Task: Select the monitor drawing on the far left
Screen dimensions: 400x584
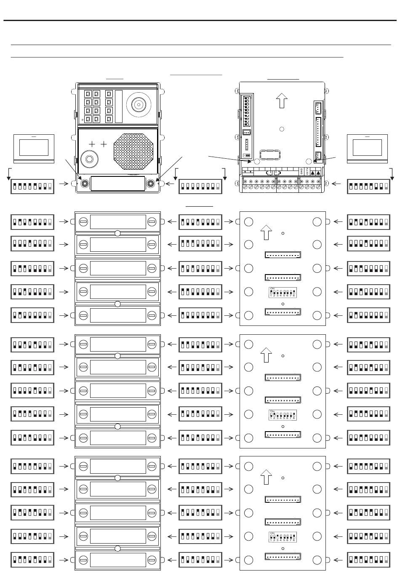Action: tap(34, 148)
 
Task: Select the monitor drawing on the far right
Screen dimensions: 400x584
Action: tap(367, 148)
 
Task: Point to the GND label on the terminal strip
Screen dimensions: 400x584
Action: tap(301, 171)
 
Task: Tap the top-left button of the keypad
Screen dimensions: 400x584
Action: tap(88, 94)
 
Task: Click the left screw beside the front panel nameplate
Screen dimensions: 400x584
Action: tap(85, 184)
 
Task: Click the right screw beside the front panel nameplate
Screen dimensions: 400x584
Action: tap(150, 184)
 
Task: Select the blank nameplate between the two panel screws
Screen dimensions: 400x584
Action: tap(117, 184)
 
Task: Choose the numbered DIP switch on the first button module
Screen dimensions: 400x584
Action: tap(283, 292)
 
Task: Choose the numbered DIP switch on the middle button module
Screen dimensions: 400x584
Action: tap(283, 414)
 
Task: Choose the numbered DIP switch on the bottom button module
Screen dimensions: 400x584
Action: tap(283, 536)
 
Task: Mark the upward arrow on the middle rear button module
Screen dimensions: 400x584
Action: tap(266, 355)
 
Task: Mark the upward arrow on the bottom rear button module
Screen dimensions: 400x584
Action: tap(266, 477)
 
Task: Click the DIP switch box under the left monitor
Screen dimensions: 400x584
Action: tap(32, 187)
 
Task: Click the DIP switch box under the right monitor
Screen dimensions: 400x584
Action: tap(368, 187)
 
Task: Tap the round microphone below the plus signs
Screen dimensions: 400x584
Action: tap(89, 159)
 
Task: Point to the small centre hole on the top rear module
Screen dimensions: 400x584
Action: tap(282, 128)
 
